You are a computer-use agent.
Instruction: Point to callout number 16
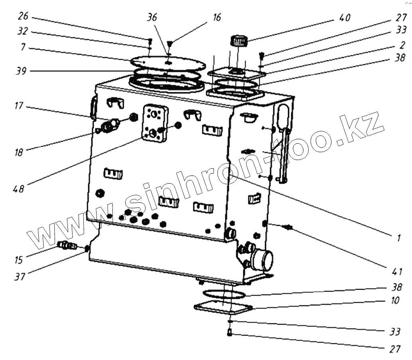217,18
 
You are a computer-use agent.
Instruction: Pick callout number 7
24,47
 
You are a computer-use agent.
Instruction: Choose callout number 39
22,72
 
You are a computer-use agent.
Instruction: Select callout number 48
19,187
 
